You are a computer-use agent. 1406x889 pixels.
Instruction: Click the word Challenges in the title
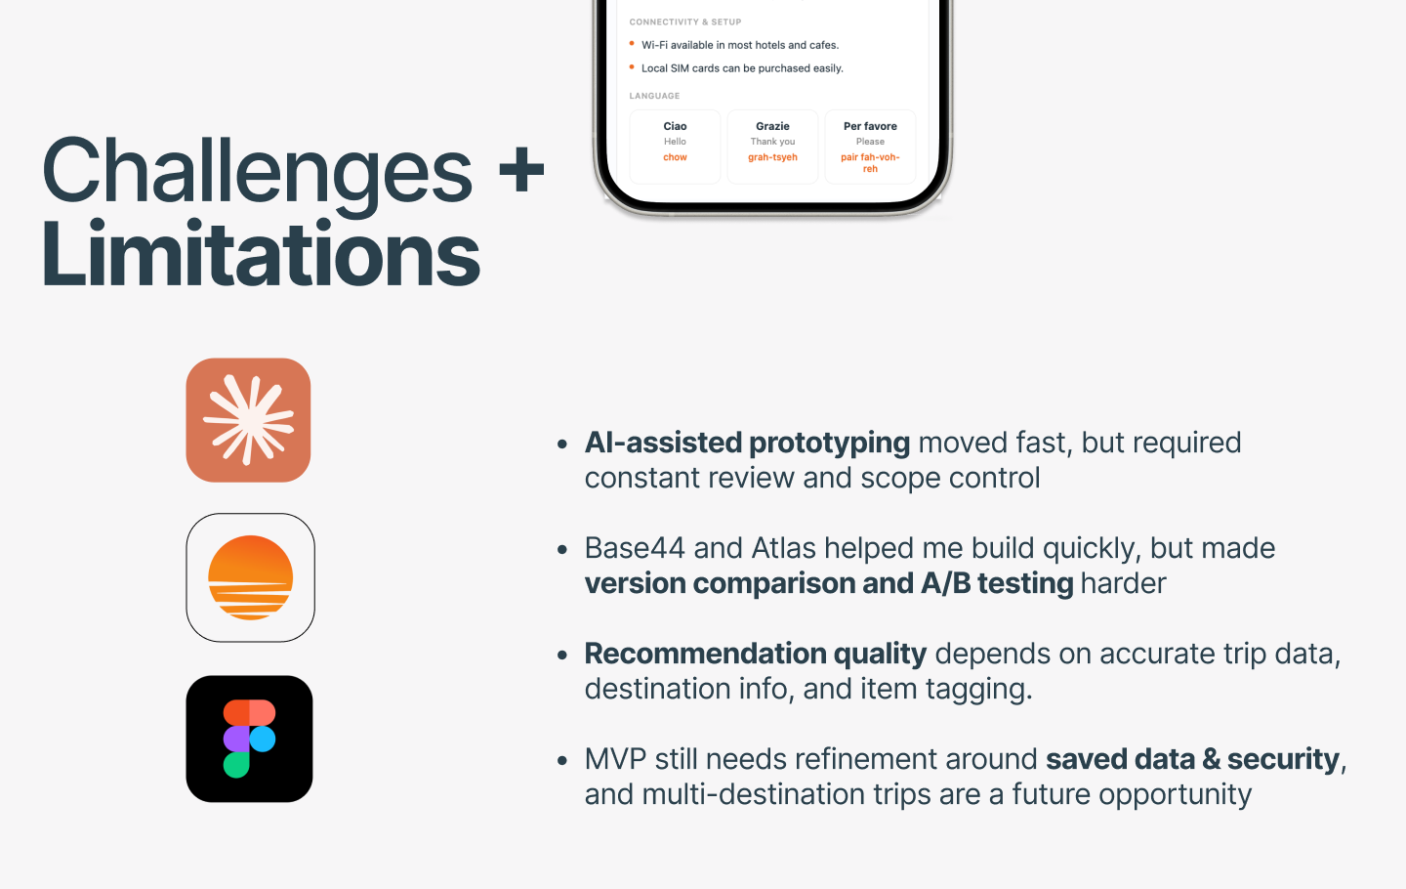point(258,171)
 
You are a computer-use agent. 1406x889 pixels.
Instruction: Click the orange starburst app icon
point(249,420)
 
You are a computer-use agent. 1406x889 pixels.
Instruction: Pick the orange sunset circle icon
point(250,577)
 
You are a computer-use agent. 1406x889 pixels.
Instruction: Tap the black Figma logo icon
point(249,739)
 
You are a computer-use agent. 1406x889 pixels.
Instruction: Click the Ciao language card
point(675,147)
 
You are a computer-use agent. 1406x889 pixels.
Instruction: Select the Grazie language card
point(772,147)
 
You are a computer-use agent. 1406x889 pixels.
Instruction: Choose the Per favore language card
point(870,147)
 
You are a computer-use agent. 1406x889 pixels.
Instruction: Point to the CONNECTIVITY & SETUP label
point(685,21)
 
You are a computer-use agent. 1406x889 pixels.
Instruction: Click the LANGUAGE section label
point(654,96)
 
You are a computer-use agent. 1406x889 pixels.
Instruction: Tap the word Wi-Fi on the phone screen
point(654,45)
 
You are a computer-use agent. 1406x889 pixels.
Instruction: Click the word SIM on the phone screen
point(680,68)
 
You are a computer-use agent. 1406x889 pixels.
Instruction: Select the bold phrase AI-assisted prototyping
point(747,444)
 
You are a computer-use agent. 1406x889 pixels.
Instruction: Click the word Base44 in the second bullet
point(635,548)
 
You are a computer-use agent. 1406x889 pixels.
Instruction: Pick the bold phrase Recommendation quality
point(756,655)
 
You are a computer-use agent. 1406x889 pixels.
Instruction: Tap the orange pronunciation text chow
point(675,157)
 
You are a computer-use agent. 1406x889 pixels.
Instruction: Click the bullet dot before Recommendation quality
point(562,656)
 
